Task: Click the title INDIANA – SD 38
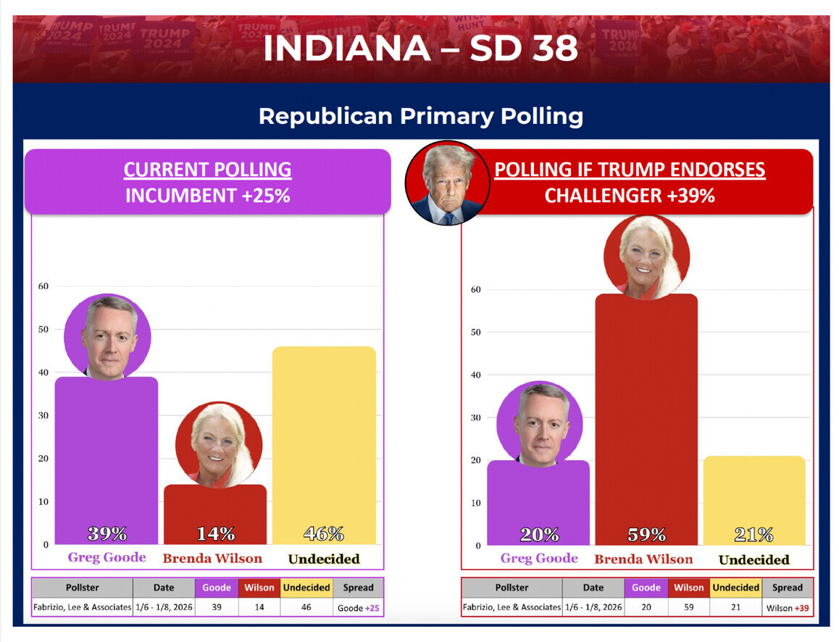pyautogui.click(x=420, y=49)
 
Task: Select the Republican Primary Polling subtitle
pyautogui.click(x=420, y=116)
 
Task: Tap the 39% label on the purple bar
pyautogui.click(x=107, y=534)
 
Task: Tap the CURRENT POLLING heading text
pyautogui.click(x=208, y=170)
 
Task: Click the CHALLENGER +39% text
pyautogui.click(x=630, y=196)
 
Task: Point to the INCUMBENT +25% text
pyautogui.click(x=208, y=196)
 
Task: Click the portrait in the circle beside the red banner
pyautogui.click(x=447, y=183)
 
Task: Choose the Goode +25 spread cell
pyautogui.click(x=358, y=607)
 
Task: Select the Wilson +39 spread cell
pyautogui.click(x=787, y=608)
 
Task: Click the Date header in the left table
pyautogui.click(x=163, y=588)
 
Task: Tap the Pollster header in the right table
pyautogui.click(x=512, y=588)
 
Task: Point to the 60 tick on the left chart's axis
pyautogui.click(x=43, y=286)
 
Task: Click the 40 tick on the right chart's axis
pyautogui.click(x=475, y=375)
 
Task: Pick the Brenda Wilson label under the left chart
pyautogui.click(x=212, y=559)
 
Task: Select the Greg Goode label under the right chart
pyautogui.click(x=539, y=559)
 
